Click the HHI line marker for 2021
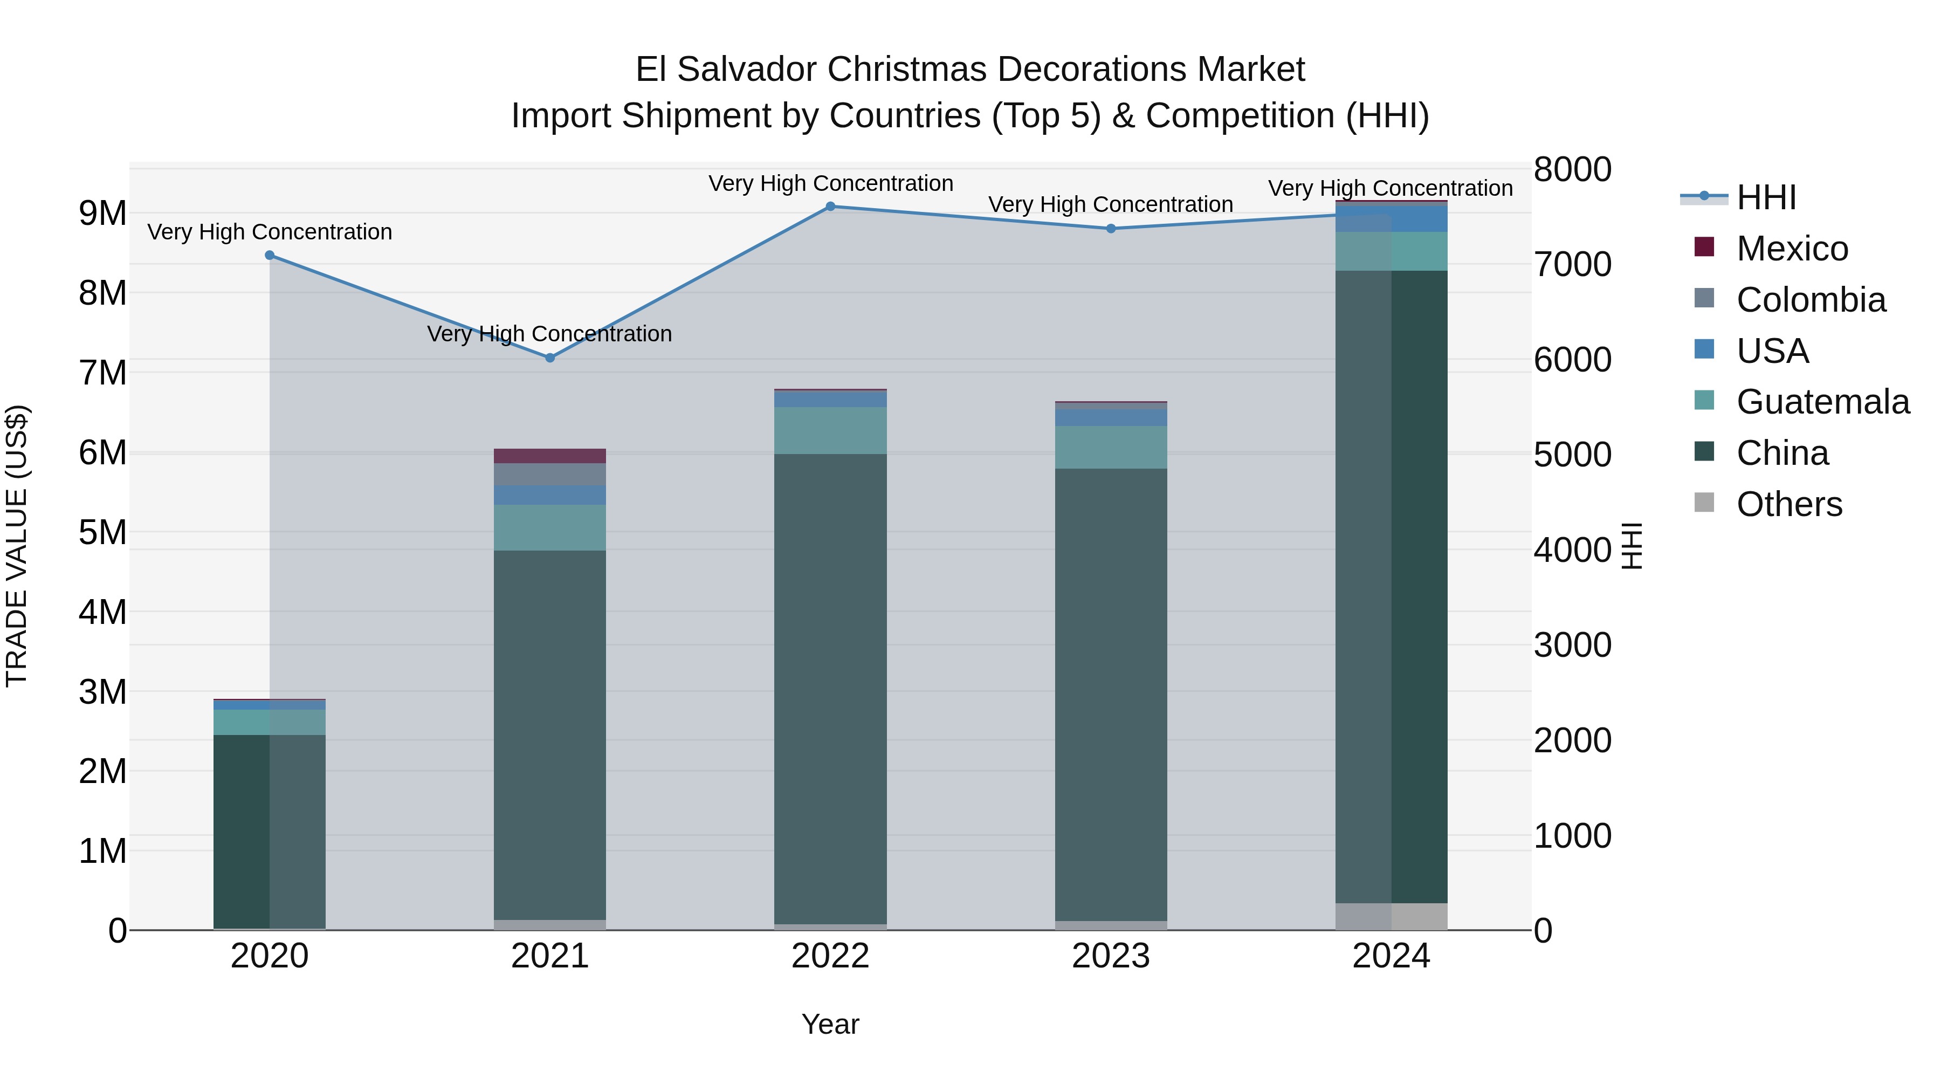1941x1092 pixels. [x=550, y=358]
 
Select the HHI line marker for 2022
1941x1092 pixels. [x=830, y=207]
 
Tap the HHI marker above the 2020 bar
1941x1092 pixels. [x=270, y=256]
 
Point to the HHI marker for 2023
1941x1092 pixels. [x=1111, y=228]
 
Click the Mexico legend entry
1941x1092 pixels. [x=1792, y=249]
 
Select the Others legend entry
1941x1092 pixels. [x=1789, y=504]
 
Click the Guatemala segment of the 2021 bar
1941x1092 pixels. [x=550, y=527]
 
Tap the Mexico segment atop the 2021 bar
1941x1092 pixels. [x=550, y=456]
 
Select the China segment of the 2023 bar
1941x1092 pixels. [x=1111, y=693]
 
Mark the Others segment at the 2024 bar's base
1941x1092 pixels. [x=1391, y=916]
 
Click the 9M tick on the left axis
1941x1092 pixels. [x=102, y=213]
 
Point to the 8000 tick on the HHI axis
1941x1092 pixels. [x=1573, y=169]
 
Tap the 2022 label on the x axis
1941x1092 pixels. [x=830, y=956]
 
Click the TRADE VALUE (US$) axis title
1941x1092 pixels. [x=17, y=546]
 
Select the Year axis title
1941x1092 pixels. [x=830, y=1024]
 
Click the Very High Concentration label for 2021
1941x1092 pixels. [x=549, y=334]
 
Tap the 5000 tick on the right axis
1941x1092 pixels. [x=1573, y=455]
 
